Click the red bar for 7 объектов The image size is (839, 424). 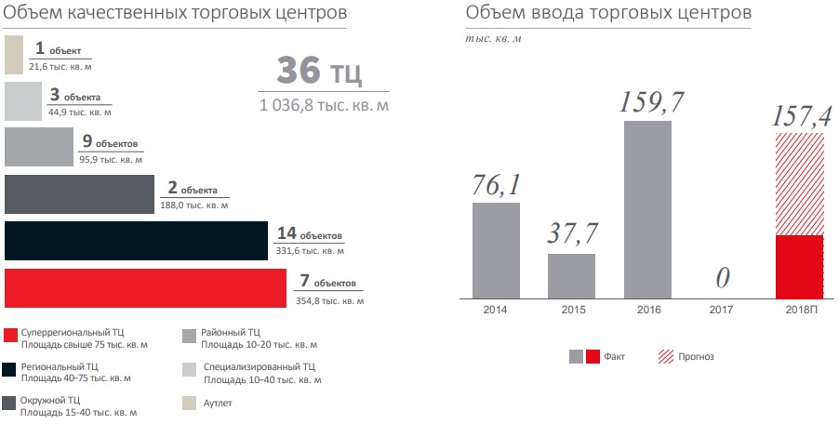point(146,288)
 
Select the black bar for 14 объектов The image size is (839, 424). point(135,241)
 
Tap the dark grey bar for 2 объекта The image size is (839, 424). point(79,193)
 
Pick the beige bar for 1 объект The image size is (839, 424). point(13,55)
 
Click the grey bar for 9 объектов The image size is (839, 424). point(38,148)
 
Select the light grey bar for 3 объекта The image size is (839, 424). point(23,101)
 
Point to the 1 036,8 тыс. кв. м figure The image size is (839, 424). point(324,106)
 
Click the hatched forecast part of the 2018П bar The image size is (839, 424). point(799,183)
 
